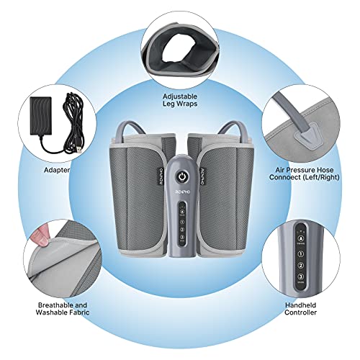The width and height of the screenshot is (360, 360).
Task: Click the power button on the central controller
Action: (181, 177)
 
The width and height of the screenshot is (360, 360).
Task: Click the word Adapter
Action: (57, 170)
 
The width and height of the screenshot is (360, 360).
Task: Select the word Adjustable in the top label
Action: (180, 96)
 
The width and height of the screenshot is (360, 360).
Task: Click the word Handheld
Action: (301, 305)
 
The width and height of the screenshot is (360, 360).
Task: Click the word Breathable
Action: (53, 305)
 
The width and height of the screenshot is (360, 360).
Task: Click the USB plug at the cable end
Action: (78, 149)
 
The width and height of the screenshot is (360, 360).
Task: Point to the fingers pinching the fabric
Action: (40, 236)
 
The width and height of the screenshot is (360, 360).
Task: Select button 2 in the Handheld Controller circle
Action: (301, 265)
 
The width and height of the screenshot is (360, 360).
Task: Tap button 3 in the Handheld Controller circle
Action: (301, 276)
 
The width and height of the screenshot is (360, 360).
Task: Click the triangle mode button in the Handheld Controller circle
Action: (300, 238)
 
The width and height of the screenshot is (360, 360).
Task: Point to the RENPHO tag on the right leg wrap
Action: (202, 176)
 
